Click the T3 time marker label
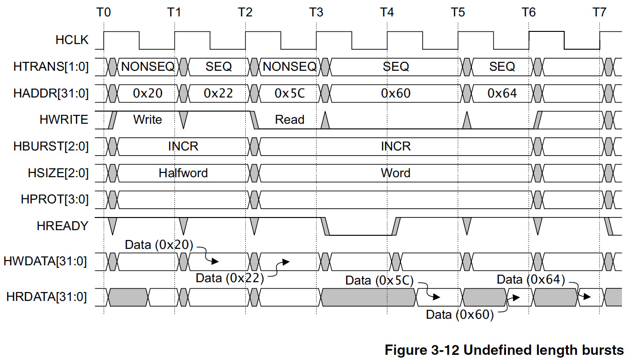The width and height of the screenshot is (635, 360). pyautogui.click(x=316, y=12)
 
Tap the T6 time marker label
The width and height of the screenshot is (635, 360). pyautogui.click(x=529, y=12)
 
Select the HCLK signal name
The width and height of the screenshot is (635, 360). pyautogui.click(x=72, y=40)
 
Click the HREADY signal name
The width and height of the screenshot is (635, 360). pyautogui.click(x=63, y=226)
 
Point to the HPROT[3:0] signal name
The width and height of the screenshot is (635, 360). pyautogui.click(x=55, y=199)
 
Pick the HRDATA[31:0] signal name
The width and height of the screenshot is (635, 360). pyautogui.click(x=46, y=297)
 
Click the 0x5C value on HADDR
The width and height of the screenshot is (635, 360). pyautogui.click(x=290, y=93)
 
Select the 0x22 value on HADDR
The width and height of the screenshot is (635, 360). pyautogui.click(x=218, y=93)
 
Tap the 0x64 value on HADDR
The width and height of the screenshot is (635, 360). pyautogui.click(x=502, y=93)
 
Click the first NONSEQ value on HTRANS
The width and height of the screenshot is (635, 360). pyautogui.click(x=148, y=67)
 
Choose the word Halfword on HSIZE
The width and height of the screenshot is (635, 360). pyautogui.click(x=183, y=173)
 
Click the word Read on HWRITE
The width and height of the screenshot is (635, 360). pyautogui.click(x=290, y=120)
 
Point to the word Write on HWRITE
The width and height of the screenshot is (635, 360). pyautogui.click(x=148, y=120)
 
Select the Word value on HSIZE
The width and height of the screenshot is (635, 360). pyautogui.click(x=396, y=173)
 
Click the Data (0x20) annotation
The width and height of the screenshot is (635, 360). pyautogui.click(x=159, y=245)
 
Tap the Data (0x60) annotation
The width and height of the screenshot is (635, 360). pyautogui.click(x=460, y=315)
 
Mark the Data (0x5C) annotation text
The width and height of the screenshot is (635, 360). pyautogui.click(x=379, y=280)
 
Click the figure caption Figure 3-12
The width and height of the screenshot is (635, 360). pyautogui.click(x=422, y=350)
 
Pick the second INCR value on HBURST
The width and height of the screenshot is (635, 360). pyautogui.click(x=396, y=146)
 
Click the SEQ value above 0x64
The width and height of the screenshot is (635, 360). pyautogui.click(x=502, y=67)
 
